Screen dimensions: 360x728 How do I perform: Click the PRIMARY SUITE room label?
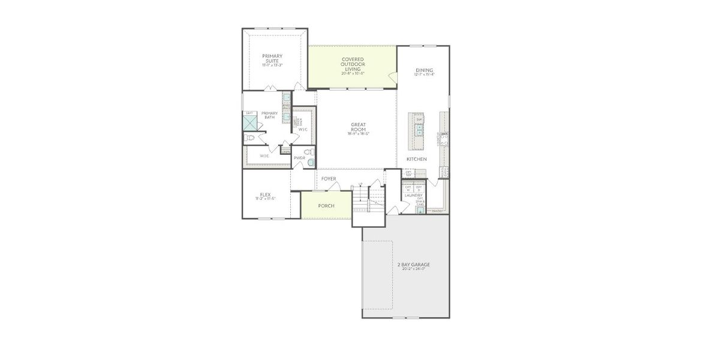[x=272, y=58]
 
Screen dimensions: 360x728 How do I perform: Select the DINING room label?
[x=424, y=70]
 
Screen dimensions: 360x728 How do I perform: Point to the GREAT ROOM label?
[x=358, y=127]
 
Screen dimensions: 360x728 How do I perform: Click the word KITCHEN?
[x=417, y=159]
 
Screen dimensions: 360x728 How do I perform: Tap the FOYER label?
[x=329, y=179]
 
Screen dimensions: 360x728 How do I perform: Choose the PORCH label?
[x=326, y=206]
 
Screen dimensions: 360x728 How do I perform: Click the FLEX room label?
[x=265, y=194]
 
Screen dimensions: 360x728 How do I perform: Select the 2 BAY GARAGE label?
[x=414, y=265]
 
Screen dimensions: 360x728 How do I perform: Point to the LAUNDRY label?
[x=413, y=195]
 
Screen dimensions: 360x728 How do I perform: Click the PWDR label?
[x=299, y=158]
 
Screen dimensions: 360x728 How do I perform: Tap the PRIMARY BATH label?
[x=269, y=115]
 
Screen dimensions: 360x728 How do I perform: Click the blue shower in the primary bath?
[x=249, y=123]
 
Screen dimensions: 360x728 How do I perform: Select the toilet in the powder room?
[x=309, y=162]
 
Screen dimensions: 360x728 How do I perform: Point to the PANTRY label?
[x=437, y=211]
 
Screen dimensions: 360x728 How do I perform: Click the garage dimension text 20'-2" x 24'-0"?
[x=414, y=269]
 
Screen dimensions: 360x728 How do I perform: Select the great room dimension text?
[x=359, y=133]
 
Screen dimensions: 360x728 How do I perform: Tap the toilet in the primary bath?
[x=249, y=139]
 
